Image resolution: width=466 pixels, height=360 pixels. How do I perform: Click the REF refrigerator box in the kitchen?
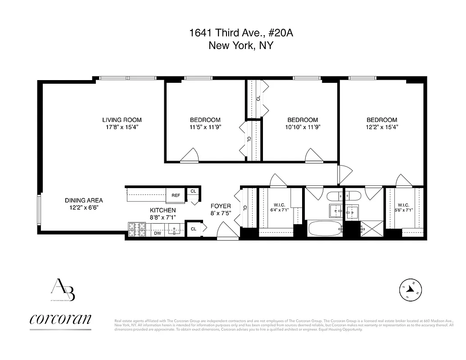click(176, 195)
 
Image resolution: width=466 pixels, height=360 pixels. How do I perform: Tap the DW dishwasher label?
click(158, 233)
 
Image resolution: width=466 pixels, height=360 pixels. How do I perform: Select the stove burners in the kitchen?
click(137, 229)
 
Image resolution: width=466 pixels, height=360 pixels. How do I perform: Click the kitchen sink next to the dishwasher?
click(175, 230)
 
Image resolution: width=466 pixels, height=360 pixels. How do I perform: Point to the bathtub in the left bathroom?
click(325, 228)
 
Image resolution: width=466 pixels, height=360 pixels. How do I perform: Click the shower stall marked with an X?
click(371, 229)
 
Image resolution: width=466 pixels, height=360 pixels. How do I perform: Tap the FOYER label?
click(221, 206)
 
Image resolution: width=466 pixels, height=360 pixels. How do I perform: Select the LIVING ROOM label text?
click(122, 120)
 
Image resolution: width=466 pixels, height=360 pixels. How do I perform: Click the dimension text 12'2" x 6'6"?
click(84, 208)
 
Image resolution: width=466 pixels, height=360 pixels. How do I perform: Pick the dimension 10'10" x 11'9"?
click(303, 127)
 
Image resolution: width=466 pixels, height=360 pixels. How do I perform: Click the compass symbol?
click(411, 291)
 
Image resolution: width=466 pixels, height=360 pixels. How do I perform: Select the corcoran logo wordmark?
click(60, 319)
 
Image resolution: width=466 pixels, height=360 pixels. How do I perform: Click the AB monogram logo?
click(63, 290)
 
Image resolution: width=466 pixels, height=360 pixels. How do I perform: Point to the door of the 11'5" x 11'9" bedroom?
click(190, 155)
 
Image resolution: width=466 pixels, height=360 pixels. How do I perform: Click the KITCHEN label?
click(163, 210)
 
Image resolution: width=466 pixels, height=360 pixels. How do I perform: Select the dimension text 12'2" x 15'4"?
click(382, 127)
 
